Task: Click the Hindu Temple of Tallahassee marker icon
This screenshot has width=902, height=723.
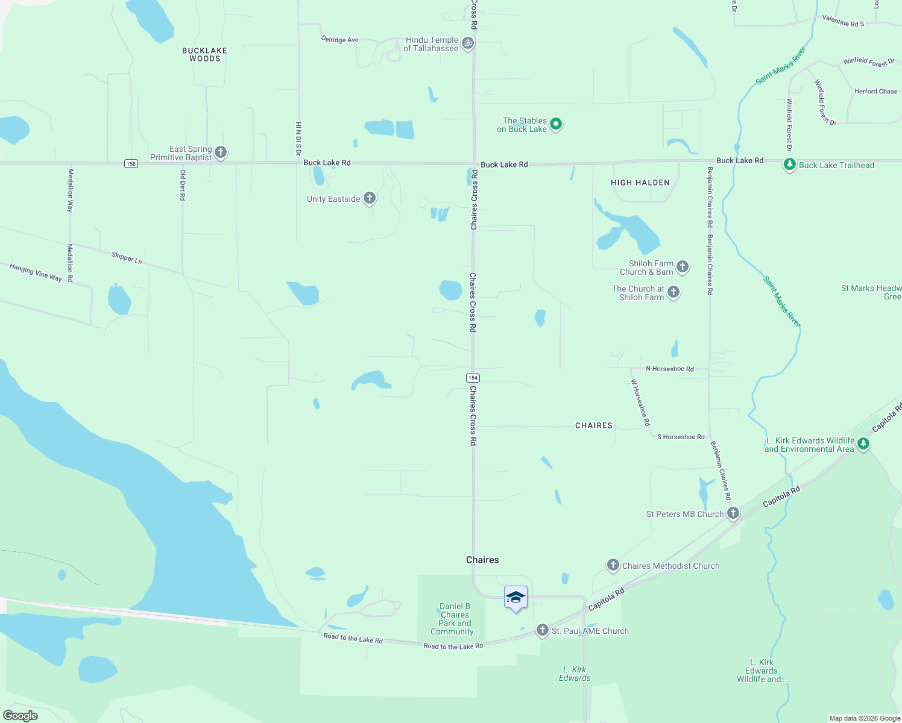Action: coord(467,43)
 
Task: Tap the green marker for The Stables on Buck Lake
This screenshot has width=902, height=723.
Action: coord(556,124)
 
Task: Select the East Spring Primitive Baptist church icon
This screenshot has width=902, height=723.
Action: coord(221,152)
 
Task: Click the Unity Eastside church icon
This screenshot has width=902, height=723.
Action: coord(370,198)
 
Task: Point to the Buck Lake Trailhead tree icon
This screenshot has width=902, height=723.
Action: coord(789,164)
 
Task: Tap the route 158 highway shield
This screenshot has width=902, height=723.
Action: coord(131,163)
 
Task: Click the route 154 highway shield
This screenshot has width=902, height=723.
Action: coord(473,378)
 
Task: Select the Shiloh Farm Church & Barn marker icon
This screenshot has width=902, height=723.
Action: coord(683,266)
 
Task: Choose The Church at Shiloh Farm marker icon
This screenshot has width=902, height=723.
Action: coord(673,292)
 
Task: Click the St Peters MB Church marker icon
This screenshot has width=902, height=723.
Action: coord(733,513)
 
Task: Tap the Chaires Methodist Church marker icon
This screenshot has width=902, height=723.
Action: coord(613,565)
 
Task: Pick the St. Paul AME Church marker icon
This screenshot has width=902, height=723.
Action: coord(542,630)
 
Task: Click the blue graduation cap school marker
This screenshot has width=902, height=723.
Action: coord(516,598)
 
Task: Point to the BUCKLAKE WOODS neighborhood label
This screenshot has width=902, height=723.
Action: coord(204,55)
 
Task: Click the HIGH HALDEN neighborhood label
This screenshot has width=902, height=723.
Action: coord(640,183)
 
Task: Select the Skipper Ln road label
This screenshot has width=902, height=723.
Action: coord(127,258)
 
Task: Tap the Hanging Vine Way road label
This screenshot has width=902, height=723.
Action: coord(36,272)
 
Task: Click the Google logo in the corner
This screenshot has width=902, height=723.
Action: coord(20,715)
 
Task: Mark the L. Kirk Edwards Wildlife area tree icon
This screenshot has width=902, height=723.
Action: coord(863,444)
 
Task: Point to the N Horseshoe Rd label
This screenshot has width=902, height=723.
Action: coord(669,369)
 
